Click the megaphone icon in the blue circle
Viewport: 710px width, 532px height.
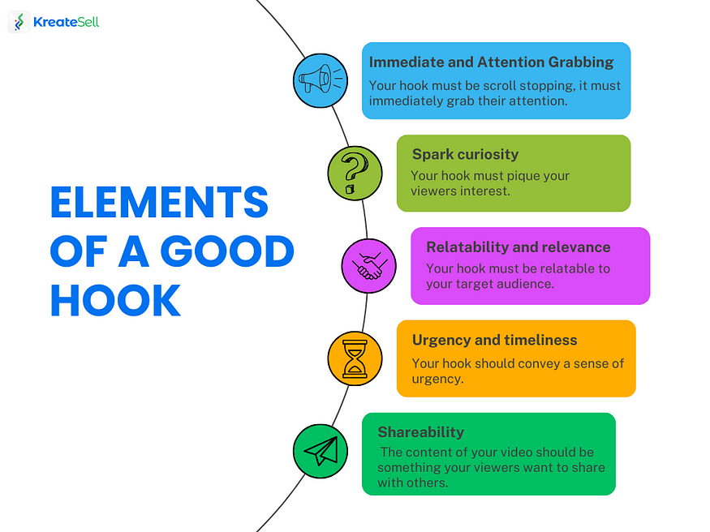point(321,79)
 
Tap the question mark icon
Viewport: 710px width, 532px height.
point(354,174)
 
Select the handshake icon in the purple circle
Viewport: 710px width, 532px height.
point(369,267)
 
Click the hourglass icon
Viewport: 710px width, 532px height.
point(355,358)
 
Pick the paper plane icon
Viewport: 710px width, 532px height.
point(321,451)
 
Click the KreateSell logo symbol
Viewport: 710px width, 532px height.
point(19,22)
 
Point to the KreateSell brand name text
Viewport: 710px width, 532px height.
point(66,22)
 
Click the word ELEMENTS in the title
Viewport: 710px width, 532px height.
point(159,202)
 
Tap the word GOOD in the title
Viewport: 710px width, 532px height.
point(227,251)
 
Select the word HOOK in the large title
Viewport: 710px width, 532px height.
point(115,300)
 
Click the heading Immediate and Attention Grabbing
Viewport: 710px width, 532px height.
point(491,62)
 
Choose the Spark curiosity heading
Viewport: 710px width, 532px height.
point(465,154)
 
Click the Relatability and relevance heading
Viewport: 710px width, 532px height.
point(518,247)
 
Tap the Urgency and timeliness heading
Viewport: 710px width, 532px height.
point(494,340)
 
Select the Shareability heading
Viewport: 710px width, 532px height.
point(420,432)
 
